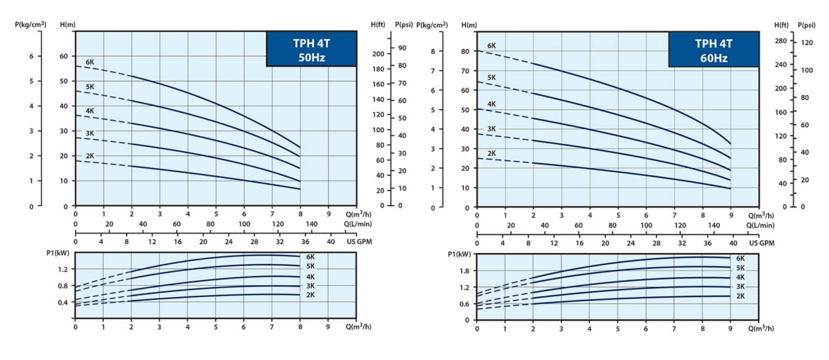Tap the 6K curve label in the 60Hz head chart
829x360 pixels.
click(x=491, y=46)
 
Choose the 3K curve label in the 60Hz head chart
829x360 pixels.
click(x=491, y=128)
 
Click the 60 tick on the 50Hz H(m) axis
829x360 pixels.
click(x=63, y=56)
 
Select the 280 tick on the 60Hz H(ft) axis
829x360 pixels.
click(x=780, y=41)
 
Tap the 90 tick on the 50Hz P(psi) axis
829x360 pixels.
click(x=402, y=48)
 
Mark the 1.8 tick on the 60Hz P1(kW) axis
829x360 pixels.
click(x=464, y=270)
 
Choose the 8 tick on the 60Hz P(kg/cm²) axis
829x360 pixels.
click(x=432, y=51)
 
